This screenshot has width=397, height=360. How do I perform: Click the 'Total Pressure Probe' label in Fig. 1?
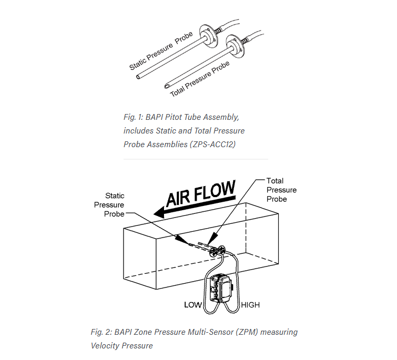tap(200, 79)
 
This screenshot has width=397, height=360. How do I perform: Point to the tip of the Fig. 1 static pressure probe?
tap(138, 77)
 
